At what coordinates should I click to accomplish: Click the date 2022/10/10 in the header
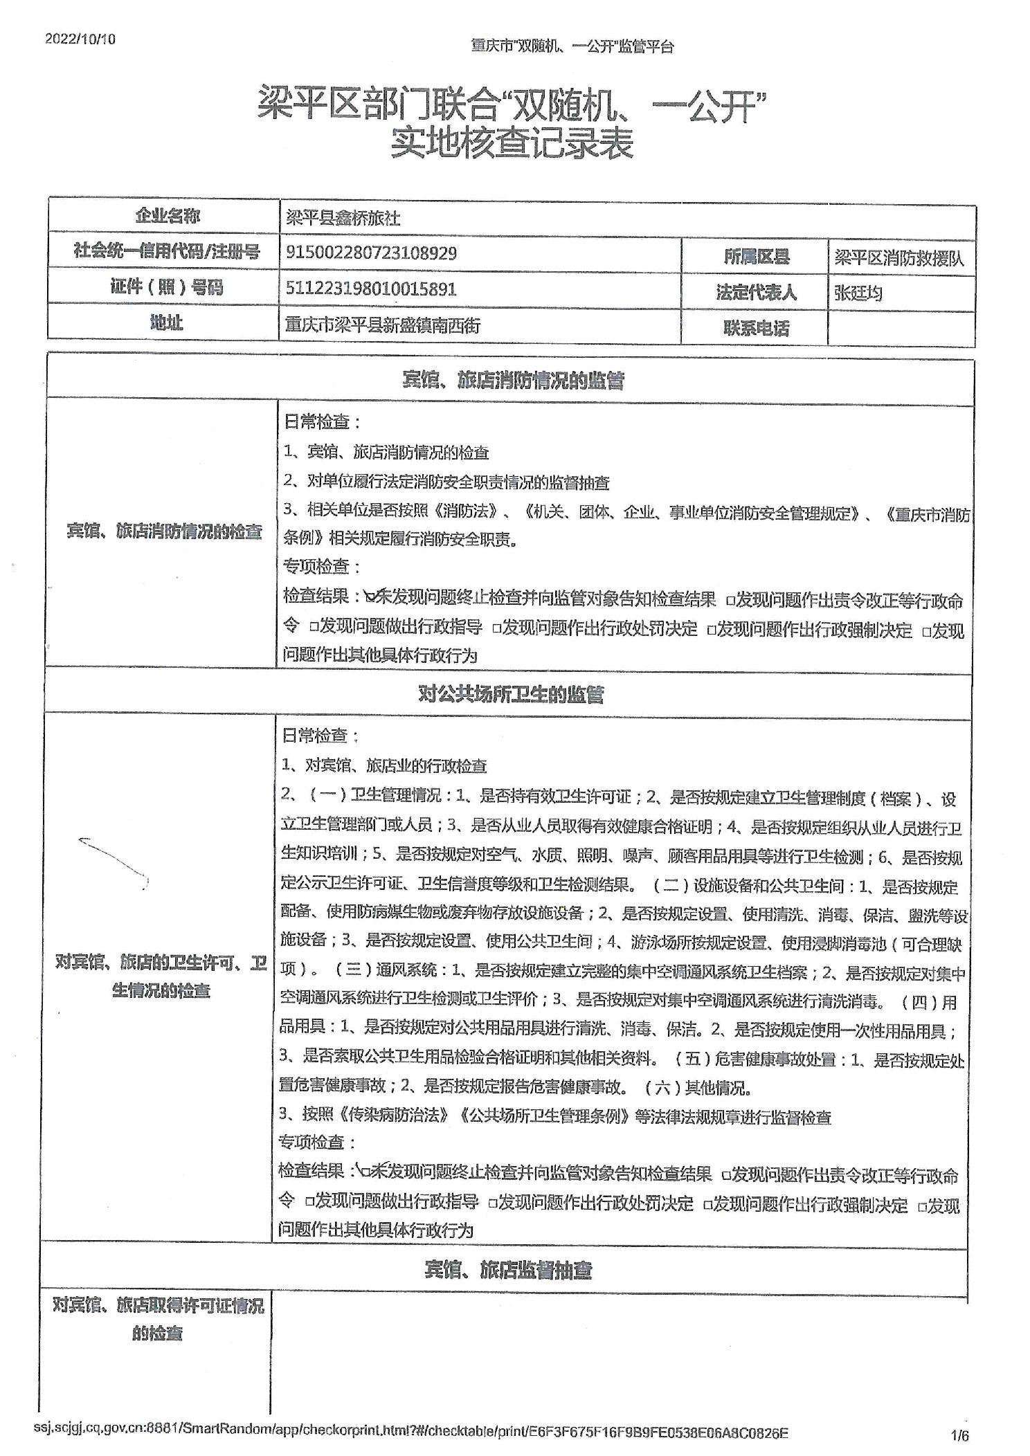[80, 39]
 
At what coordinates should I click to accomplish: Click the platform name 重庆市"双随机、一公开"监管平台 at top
[572, 46]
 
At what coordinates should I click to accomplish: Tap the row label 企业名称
[167, 216]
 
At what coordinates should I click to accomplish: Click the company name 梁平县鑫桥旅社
[343, 218]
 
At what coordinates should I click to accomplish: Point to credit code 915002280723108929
[371, 253]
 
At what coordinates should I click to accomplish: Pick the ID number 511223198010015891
[371, 289]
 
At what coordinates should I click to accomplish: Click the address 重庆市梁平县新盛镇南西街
[382, 325]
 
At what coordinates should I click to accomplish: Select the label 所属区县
[756, 257]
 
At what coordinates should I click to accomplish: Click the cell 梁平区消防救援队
[899, 258]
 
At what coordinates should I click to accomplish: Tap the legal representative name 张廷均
[858, 293]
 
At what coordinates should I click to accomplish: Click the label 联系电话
[756, 328]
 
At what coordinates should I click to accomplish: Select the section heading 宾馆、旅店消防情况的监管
[512, 380]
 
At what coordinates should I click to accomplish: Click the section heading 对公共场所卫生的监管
[511, 694]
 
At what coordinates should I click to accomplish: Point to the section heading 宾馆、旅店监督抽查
[508, 1270]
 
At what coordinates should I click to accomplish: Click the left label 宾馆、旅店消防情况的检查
[164, 531]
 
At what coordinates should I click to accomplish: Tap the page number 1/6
[960, 1436]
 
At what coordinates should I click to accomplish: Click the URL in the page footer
[410, 1431]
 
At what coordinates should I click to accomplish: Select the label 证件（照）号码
[166, 286]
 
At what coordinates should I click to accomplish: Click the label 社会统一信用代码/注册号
[166, 251]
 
